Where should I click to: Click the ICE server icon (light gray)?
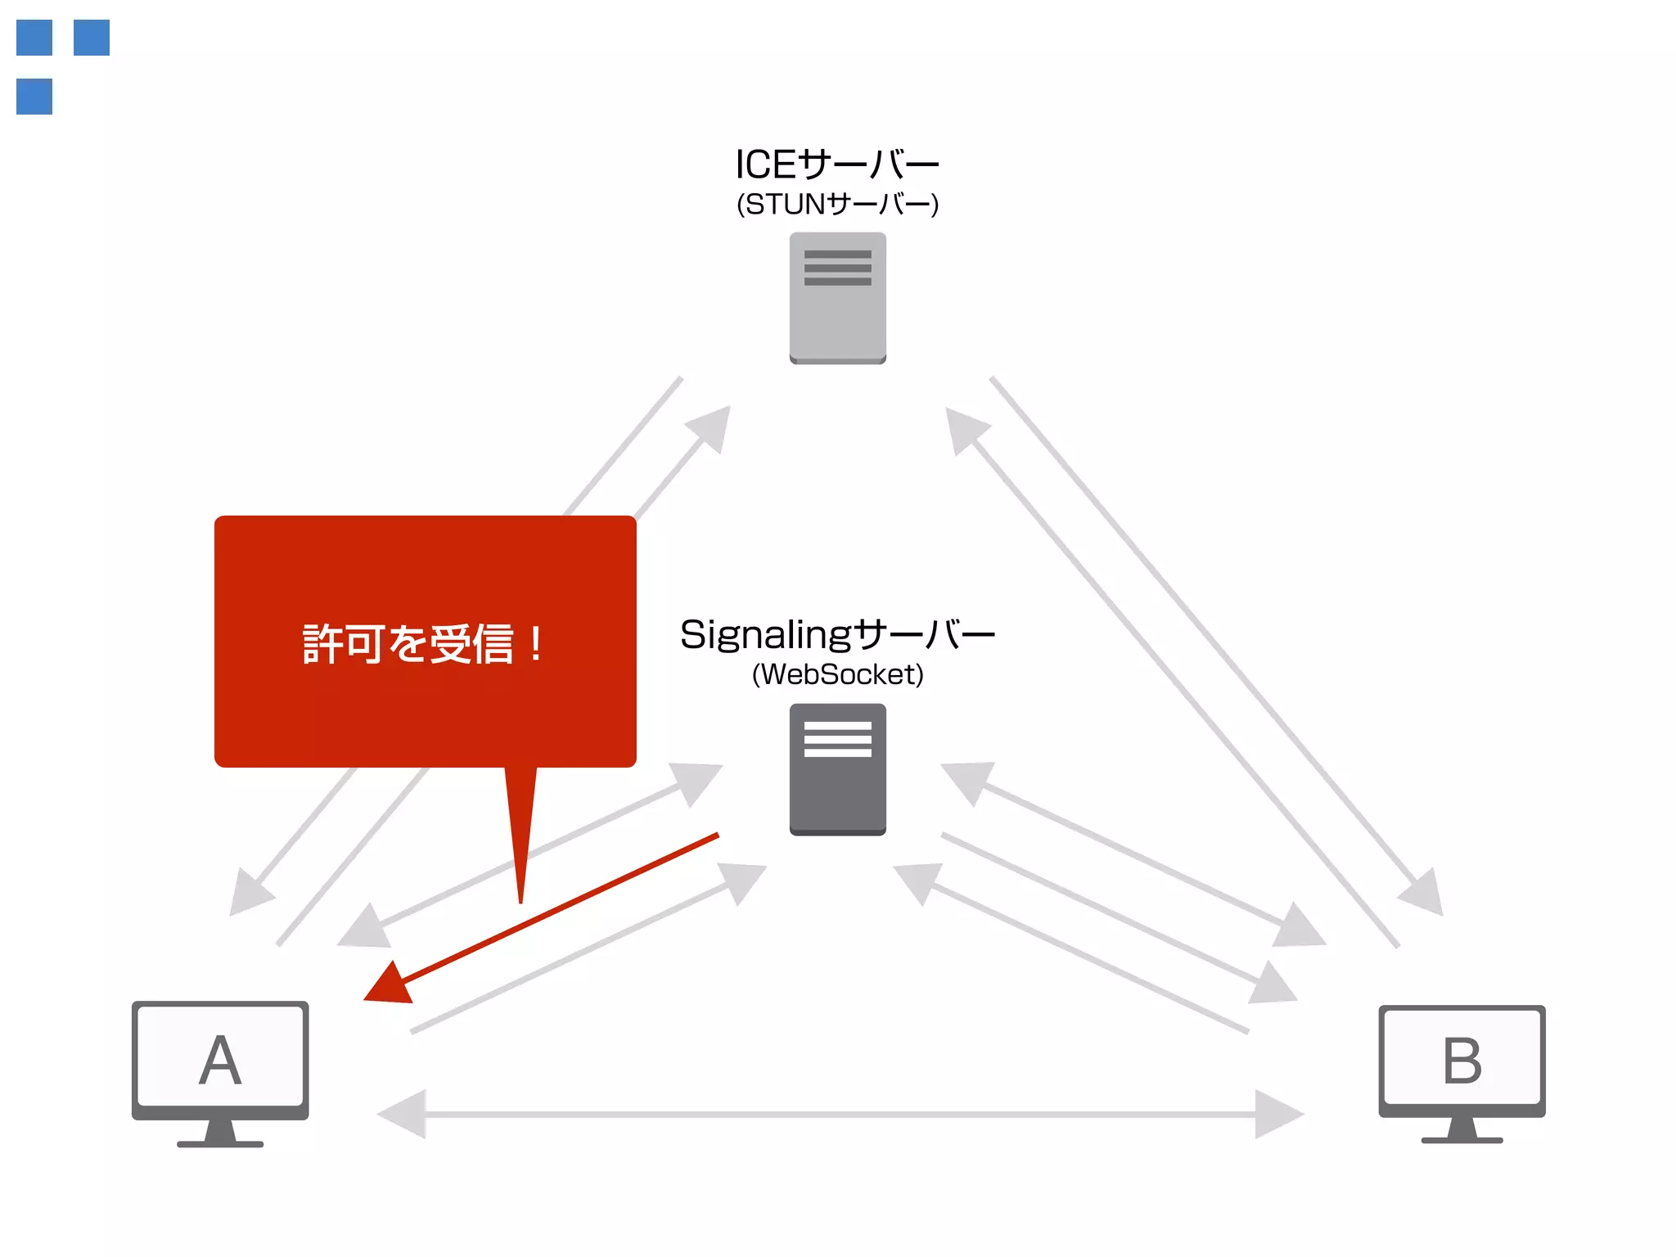point(837,299)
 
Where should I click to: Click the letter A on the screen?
point(220,1061)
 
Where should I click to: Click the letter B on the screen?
point(1462,1061)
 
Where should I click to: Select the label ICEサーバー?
point(837,164)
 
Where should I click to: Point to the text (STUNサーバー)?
point(837,204)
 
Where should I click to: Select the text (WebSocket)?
point(837,674)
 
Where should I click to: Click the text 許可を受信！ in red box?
point(421,644)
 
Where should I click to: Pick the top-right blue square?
point(92,38)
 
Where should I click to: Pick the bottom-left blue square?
point(34,97)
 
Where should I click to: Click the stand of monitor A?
point(220,1134)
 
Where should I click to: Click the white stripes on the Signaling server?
point(837,739)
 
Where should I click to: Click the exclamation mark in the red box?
point(536,644)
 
